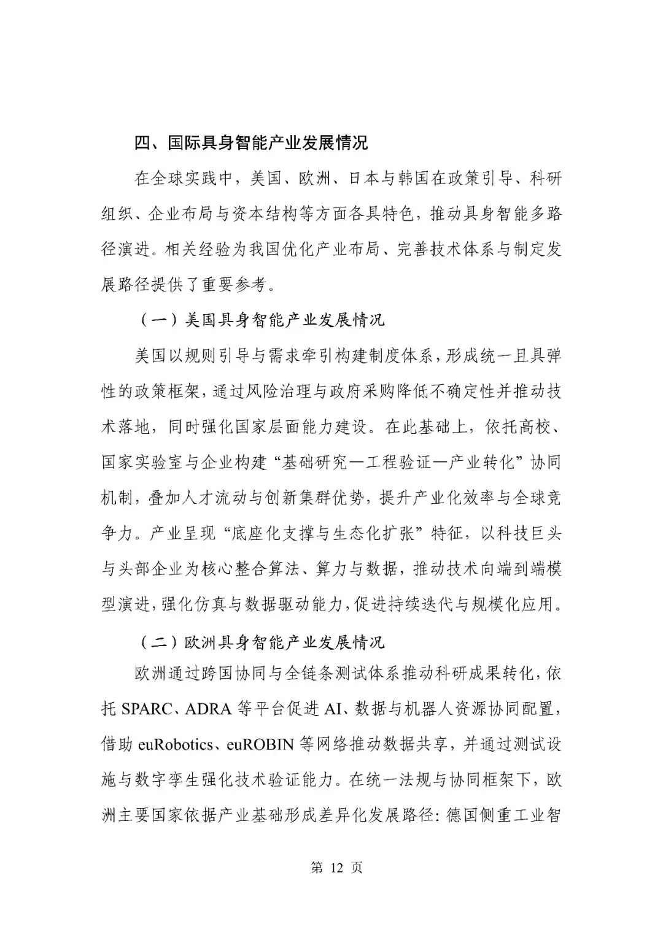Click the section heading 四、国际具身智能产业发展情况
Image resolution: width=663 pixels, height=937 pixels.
[251, 143]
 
